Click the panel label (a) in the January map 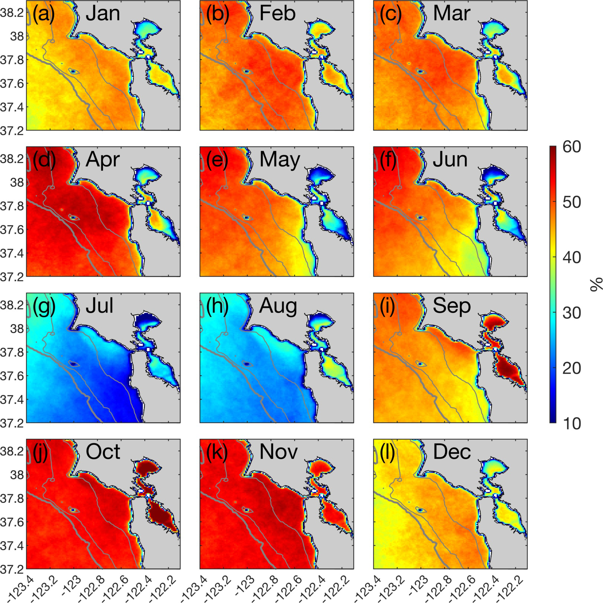(x=43, y=14)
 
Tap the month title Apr (x=103, y=160)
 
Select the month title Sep (x=452, y=306)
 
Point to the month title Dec (x=452, y=452)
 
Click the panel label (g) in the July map (x=43, y=306)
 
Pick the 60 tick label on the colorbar (x=571, y=147)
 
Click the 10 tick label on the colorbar (x=571, y=423)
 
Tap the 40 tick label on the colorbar (x=571, y=257)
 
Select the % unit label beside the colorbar (x=596, y=285)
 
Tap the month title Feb (x=277, y=14)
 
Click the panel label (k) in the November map (x=217, y=452)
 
